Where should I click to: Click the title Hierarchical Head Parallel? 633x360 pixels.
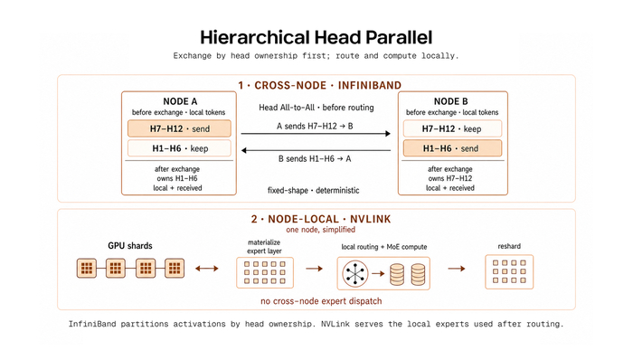pyautogui.click(x=316, y=37)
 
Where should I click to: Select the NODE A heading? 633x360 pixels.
pyautogui.click(x=180, y=101)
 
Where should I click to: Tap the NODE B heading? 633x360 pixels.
pyautogui.click(x=451, y=101)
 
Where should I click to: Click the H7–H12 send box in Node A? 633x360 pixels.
pyautogui.click(x=179, y=128)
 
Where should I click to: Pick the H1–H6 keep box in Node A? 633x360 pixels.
pyautogui.click(x=179, y=148)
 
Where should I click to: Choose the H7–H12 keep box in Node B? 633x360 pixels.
pyautogui.click(x=452, y=128)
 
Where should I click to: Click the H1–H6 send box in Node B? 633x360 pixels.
pyautogui.click(x=452, y=148)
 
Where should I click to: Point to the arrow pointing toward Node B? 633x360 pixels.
pyautogui.click(x=316, y=134)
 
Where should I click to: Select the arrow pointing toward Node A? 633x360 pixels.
pyautogui.click(x=316, y=150)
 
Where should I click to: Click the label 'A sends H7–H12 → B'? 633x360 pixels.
pyautogui.click(x=315, y=126)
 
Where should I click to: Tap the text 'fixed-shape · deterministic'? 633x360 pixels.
pyautogui.click(x=313, y=190)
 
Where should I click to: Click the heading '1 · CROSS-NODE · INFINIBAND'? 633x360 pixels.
pyautogui.click(x=320, y=86)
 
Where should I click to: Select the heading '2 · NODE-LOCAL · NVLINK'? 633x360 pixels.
pyautogui.click(x=321, y=219)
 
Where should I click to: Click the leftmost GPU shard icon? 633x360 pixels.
pyautogui.click(x=87, y=268)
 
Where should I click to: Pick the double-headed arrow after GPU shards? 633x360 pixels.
pyautogui.click(x=207, y=269)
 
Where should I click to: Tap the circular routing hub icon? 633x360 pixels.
pyautogui.click(x=355, y=274)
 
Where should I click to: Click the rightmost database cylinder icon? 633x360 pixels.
pyautogui.click(x=418, y=274)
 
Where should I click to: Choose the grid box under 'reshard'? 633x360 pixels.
pyautogui.click(x=509, y=272)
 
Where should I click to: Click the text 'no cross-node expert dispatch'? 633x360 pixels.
pyautogui.click(x=321, y=301)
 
